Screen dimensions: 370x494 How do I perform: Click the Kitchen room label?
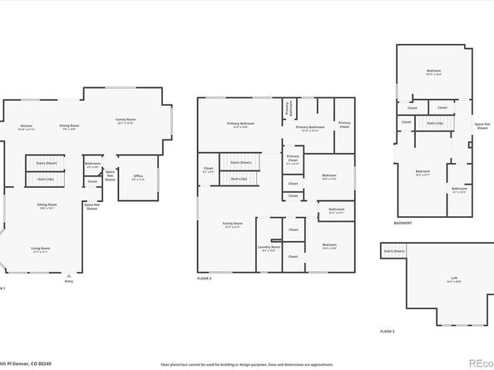coord(27,127)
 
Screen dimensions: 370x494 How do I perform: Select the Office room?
coord(138,177)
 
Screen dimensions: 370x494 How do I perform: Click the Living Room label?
coord(41,249)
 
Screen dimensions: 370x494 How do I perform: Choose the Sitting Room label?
coord(47,205)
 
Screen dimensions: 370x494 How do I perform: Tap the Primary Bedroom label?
coord(241,125)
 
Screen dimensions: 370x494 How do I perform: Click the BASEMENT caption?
coord(403,223)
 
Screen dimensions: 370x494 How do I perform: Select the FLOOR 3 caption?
coord(388,331)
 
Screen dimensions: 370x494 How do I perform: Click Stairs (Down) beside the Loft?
coord(394,250)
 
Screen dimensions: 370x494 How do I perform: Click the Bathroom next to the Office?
coord(92,165)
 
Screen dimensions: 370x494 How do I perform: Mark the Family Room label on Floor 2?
coord(232,224)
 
